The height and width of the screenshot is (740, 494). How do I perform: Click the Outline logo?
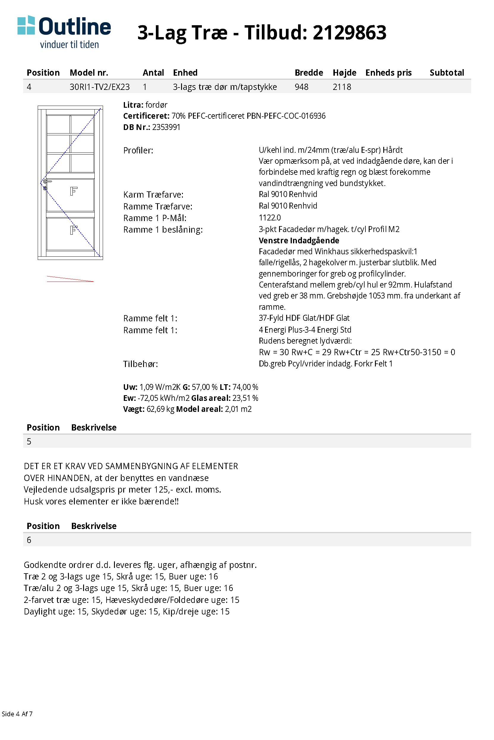pos(64,31)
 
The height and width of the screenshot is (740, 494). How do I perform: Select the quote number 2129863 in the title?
pos(349,33)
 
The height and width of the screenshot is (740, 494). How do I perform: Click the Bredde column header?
pos(308,73)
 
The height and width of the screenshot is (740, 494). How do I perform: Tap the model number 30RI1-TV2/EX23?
pos(99,87)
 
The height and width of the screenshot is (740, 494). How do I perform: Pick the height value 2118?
pos(341,87)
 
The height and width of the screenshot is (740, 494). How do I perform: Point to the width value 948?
pos(301,87)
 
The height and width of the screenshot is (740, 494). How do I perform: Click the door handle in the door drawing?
pos(47,182)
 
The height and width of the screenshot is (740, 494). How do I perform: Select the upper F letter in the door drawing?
pos(73,191)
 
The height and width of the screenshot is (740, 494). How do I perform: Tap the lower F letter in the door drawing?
pos(73,230)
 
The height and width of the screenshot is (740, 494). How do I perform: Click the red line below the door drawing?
pos(70,279)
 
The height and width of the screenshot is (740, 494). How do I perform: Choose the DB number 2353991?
pos(166,127)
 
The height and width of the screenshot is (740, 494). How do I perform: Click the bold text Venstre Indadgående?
pos(299,241)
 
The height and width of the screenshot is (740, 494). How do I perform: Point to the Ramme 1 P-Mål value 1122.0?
pos(269,217)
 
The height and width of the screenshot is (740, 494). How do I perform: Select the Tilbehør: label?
pos(140,364)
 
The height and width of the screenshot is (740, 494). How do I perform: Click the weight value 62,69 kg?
pos(160,409)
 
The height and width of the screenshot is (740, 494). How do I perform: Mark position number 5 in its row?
pos(29,442)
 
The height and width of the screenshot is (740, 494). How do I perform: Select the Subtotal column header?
pos(446,73)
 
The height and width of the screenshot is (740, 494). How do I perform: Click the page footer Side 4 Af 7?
pos(17,714)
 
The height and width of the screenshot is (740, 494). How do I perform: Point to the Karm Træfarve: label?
pos(153,195)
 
